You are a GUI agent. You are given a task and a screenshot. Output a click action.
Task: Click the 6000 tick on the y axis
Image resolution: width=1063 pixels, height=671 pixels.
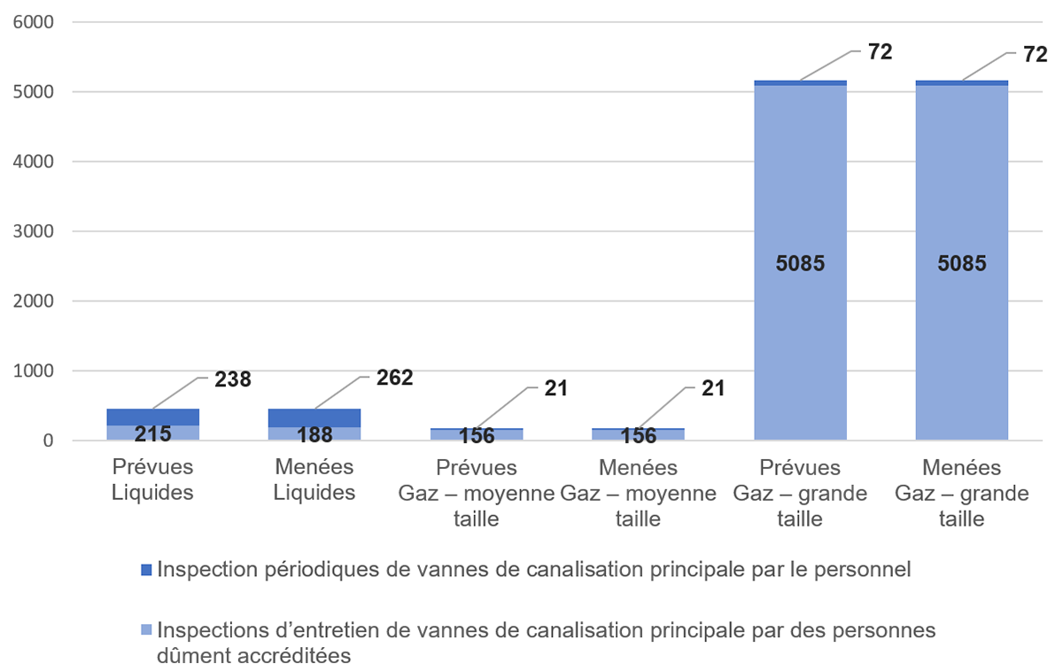(31, 22)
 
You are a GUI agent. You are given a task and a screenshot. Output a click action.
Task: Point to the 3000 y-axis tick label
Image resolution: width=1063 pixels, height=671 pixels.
(31, 231)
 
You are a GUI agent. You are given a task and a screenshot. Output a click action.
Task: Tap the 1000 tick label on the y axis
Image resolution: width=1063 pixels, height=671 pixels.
(31, 371)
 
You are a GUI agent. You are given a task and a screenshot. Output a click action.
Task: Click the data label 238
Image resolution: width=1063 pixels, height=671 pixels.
(233, 379)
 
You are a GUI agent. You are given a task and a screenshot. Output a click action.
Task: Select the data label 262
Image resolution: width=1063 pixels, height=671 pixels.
(394, 378)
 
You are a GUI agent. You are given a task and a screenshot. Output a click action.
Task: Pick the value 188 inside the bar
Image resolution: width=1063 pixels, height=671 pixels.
(314, 434)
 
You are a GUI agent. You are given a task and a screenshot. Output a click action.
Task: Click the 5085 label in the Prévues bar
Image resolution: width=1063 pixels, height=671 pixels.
(800, 263)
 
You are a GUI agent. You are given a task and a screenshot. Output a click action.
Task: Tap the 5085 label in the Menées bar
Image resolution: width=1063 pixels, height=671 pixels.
(961, 263)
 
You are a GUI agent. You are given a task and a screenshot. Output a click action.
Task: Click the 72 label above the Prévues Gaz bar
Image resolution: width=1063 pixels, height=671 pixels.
(880, 52)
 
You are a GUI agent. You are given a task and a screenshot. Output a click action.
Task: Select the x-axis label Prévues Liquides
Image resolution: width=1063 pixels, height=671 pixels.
(153, 480)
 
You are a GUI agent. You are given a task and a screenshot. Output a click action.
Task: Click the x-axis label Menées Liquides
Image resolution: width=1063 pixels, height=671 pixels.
(314, 480)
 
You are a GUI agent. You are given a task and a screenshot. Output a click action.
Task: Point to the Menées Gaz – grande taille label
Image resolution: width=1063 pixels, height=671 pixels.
(962, 493)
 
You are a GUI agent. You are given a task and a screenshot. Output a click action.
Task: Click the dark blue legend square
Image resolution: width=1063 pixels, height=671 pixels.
(147, 570)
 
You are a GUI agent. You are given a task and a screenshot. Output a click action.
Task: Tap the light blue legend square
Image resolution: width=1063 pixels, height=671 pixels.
(147, 631)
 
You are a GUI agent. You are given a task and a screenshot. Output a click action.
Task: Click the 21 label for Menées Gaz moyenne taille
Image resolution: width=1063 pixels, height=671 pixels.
(713, 387)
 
